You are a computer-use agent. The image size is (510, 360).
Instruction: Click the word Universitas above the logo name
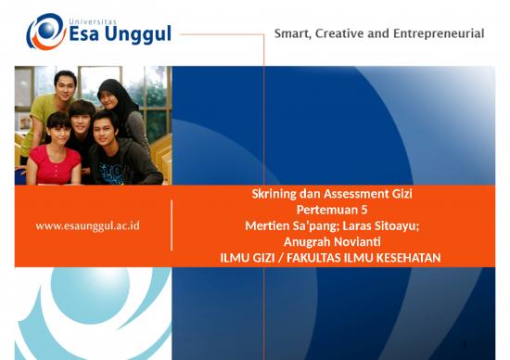click(x=96, y=16)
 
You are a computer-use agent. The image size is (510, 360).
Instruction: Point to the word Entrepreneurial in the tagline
click(x=443, y=33)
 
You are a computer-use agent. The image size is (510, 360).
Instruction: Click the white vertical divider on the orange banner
click(x=172, y=225)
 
